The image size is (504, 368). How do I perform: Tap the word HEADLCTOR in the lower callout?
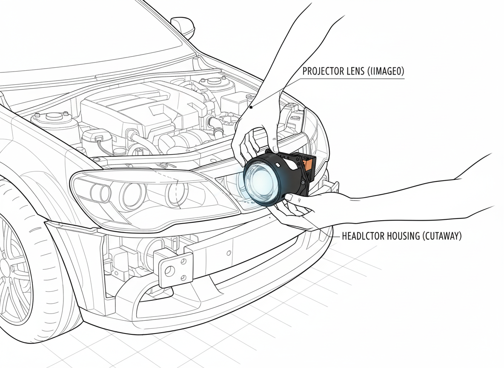pyautogui.click(x=361, y=236)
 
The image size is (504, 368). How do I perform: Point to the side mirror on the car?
pyautogui.click(x=183, y=26)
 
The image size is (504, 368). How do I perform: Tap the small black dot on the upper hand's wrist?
pyautogui.click(x=251, y=107)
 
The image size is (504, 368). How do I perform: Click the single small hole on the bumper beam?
pyautogui.click(x=229, y=253)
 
